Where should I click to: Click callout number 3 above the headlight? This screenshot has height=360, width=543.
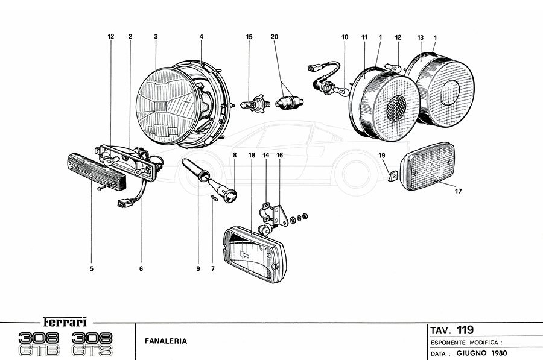(156, 37)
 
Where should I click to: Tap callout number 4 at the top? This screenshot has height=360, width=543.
(201, 37)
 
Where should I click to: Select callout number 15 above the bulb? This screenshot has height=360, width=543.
(249, 37)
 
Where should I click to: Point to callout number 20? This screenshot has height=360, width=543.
(275, 37)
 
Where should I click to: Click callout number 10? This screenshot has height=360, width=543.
(345, 37)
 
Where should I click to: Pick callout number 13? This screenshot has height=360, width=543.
(421, 37)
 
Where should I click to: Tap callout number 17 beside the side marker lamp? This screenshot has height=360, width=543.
(459, 192)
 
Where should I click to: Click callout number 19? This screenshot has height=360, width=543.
(382, 155)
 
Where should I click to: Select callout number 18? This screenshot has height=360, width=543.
(252, 155)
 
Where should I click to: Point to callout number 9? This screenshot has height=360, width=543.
(198, 269)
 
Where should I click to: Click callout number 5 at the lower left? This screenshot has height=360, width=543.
(92, 269)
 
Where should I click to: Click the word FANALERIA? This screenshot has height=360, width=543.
(166, 341)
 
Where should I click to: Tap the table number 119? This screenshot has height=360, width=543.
(465, 329)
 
